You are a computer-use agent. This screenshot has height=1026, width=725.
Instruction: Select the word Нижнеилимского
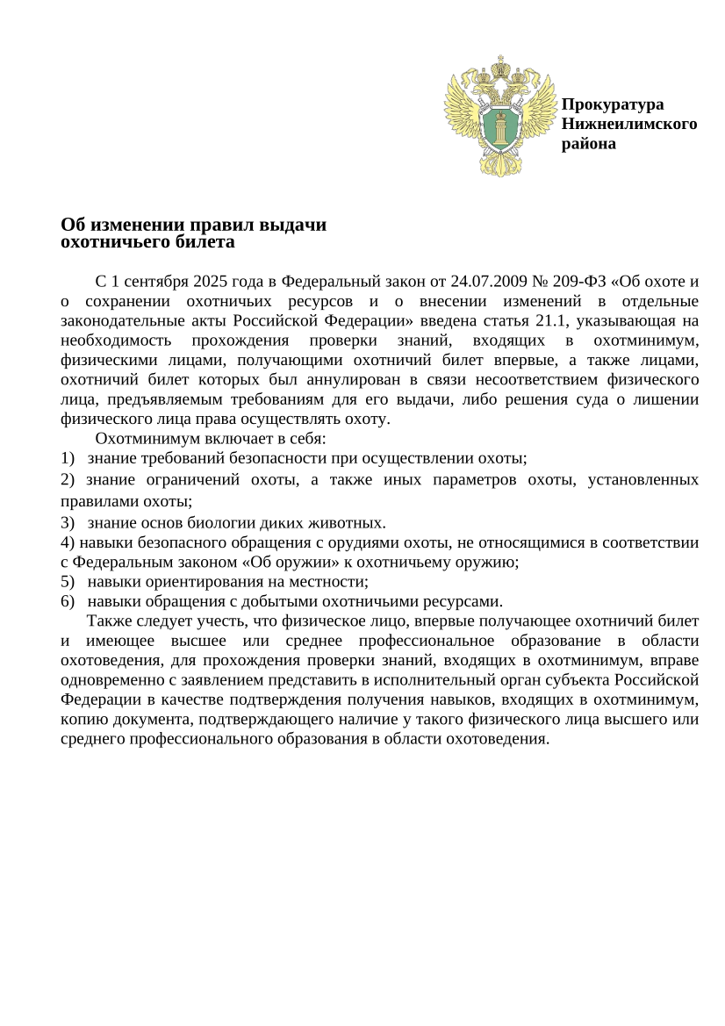click(629, 124)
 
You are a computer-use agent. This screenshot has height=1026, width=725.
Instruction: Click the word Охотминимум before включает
click(144, 438)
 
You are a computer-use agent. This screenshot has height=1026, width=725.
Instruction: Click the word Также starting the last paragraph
click(108, 621)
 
